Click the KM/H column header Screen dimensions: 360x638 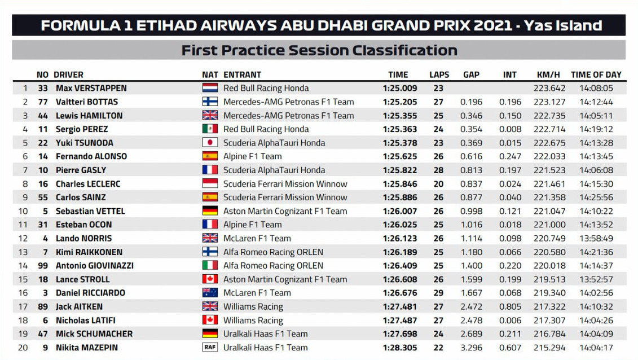pyautogui.click(x=548, y=74)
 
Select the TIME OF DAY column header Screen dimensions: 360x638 pyautogui.click(x=596, y=74)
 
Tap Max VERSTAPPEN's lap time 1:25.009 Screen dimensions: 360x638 pyautogui.click(x=399, y=88)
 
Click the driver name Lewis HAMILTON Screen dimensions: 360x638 pyautogui.click(x=89, y=116)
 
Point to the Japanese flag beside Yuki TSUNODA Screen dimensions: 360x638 pyautogui.click(x=210, y=143)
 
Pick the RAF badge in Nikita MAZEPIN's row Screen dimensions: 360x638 pyautogui.click(x=210, y=348)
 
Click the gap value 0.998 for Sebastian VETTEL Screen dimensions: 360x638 pyautogui.click(x=471, y=211)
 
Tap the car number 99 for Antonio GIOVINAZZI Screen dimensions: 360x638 pyautogui.click(x=43, y=266)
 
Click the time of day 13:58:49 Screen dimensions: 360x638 pyautogui.click(x=596, y=239)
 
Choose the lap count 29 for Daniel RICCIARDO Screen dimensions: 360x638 pyautogui.click(x=438, y=293)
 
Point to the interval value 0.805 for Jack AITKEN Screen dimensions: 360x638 pyautogui.click(x=510, y=306)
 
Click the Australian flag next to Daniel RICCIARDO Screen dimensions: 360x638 pyautogui.click(x=210, y=293)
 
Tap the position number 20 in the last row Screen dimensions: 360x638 pyautogui.click(x=23, y=348)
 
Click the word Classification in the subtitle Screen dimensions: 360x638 pyautogui.click(x=405, y=50)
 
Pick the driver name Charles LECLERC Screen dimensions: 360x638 pyautogui.click(x=88, y=184)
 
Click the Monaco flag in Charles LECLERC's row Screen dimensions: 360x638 pyautogui.click(x=210, y=184)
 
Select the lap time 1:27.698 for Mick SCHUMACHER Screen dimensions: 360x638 pyautogui.click(x=399, y=334)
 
